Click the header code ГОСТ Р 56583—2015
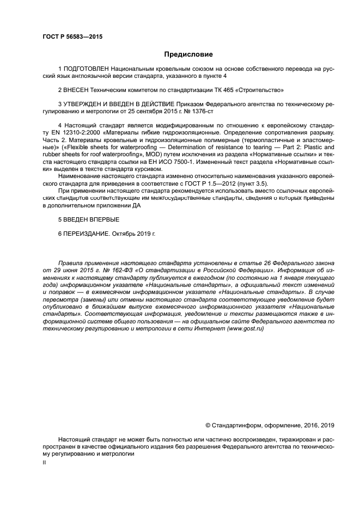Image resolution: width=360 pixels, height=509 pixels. (x=72, y=37)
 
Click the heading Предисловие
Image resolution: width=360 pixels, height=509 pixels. (x=188, y=54)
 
